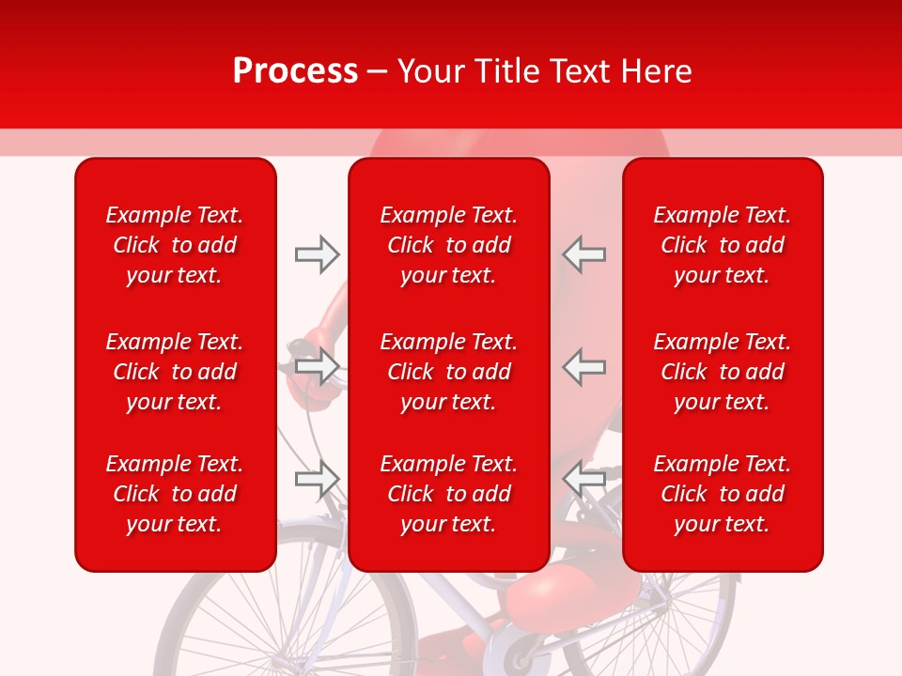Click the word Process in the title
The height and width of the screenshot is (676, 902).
tap(295, 71)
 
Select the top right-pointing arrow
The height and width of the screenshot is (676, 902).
tap(317, 253)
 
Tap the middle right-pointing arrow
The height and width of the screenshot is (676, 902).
tap(317, 365)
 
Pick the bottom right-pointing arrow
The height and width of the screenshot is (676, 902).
tap(317, 480)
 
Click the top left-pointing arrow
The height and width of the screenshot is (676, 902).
tap(584, 253)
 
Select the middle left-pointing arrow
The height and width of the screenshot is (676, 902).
tap(584, 365)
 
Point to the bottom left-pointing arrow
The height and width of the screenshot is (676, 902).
tap(584, 480)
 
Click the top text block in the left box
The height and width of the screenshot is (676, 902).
tap(175, 245)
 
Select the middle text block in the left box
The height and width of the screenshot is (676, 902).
tap(175, 372)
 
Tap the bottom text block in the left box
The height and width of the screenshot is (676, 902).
tap(175, 494)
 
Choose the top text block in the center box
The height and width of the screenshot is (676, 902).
tap(448, 245)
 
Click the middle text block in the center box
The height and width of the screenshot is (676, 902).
tap(448, 372)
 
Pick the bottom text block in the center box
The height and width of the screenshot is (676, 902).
tap(448, 494)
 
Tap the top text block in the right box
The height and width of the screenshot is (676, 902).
tap(722, 245)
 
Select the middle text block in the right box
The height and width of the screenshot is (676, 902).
tap(722, 372)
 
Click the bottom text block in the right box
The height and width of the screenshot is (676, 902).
tap(722, 494)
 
